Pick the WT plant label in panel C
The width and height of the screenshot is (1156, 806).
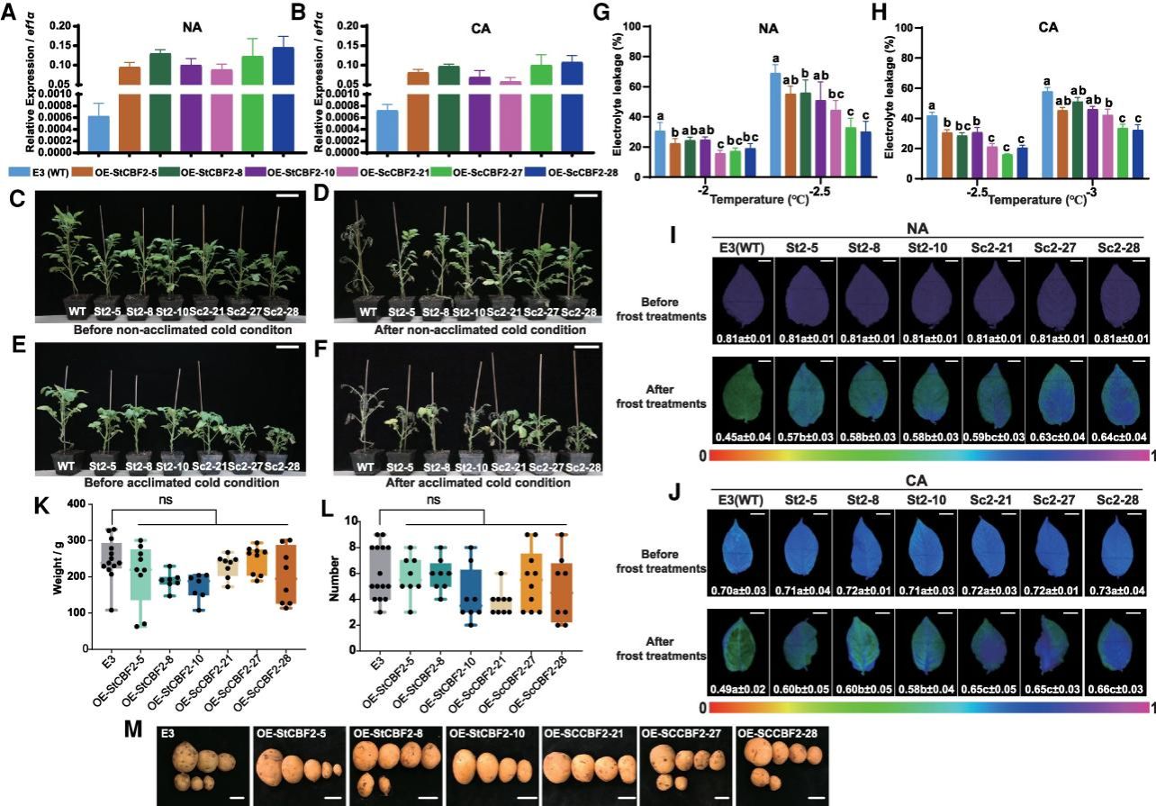point(78,314)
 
